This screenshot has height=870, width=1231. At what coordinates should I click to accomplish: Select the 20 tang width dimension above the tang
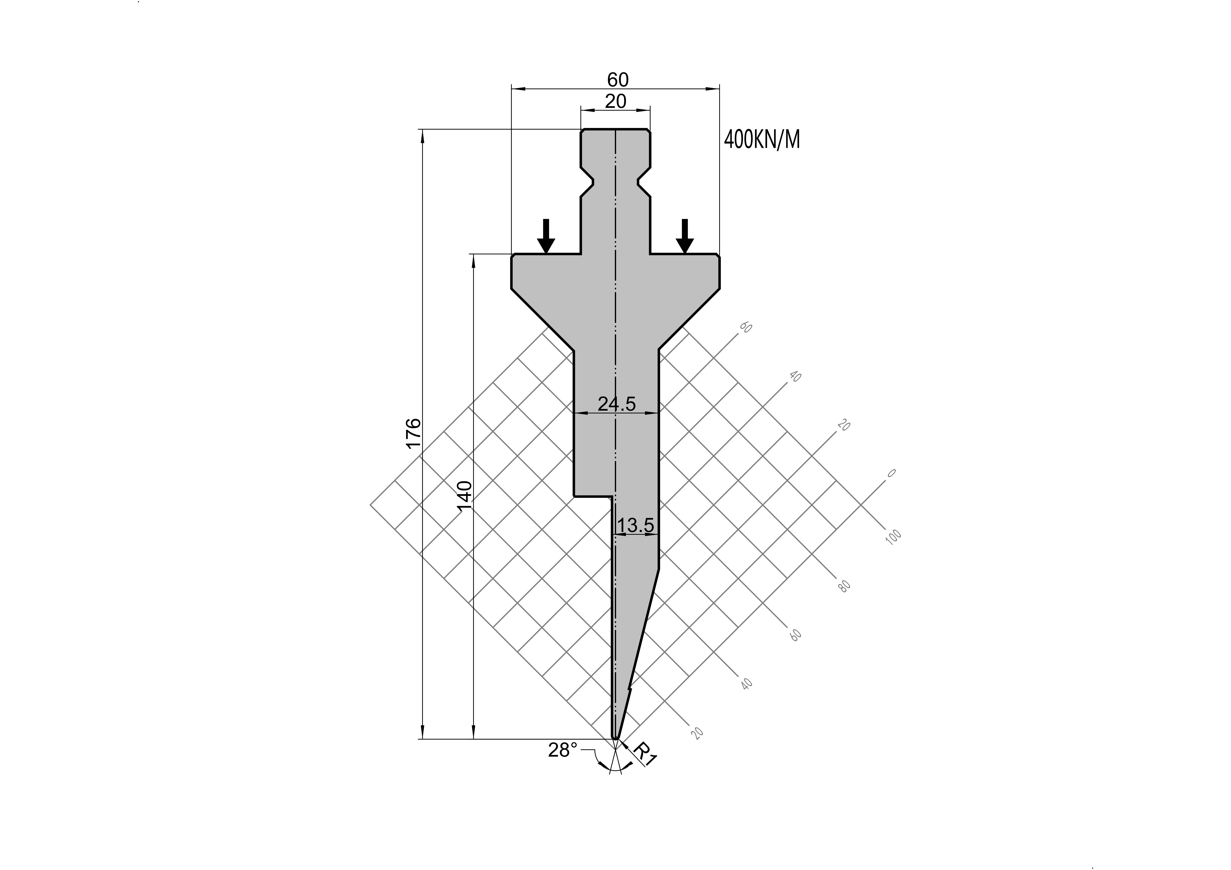(616, 101)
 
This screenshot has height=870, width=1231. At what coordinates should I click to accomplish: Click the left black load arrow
(546, 236)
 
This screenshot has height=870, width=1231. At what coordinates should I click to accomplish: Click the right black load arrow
(684, 236)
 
